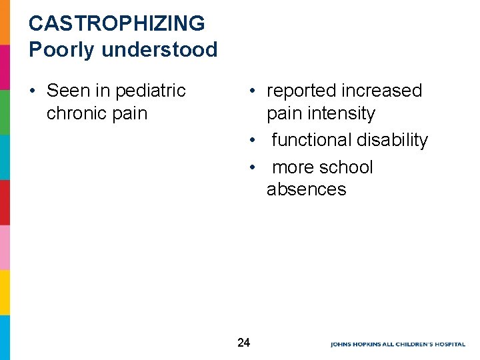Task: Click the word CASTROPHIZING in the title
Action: (117, 23)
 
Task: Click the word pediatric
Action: (150, 91)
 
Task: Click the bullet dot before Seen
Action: (33, 91)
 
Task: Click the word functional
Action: (311, 140)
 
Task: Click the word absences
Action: (306, 189)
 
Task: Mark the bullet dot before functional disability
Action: (252, 140)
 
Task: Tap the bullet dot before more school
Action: (252, 167)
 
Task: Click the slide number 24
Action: (243, 343)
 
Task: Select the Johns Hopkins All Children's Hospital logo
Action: (397, 344)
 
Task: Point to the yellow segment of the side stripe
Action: (5, 292)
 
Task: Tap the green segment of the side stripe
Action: (5, 112)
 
